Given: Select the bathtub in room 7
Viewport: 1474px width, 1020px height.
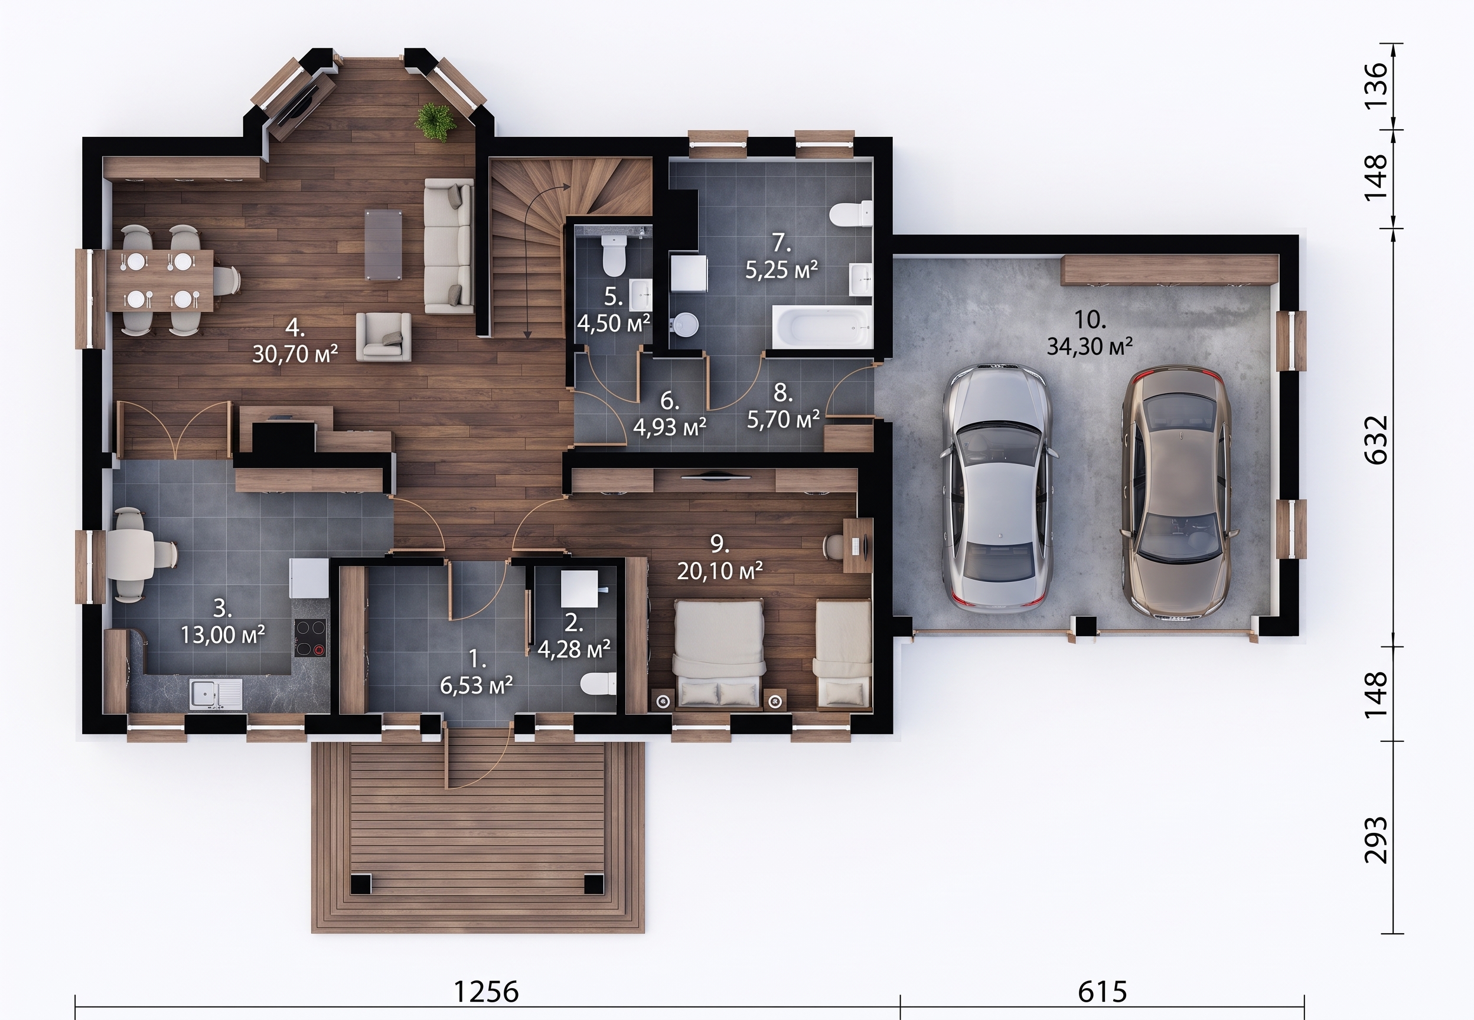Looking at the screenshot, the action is point(822,326).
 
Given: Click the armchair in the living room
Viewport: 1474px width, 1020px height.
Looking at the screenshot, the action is point(383,336).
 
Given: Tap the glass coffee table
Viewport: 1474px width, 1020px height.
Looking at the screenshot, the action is point(384,244).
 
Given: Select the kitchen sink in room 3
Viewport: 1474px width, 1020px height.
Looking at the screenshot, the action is point(217,694).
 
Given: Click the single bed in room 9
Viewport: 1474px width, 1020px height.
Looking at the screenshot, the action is point(843,654).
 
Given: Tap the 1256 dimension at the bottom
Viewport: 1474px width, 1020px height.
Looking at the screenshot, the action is point(486,992).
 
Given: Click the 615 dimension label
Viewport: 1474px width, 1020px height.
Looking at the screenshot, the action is point(1103,992).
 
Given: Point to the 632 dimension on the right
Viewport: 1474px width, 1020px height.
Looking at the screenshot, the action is point(1376,439).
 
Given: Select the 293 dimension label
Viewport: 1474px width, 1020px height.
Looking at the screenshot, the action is point(1376,839).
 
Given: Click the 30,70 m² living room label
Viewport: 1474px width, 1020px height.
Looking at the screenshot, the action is point(295,354).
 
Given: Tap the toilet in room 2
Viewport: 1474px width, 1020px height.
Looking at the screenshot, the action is point(598,685).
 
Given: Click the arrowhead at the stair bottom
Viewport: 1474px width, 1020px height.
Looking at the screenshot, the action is point(528,333).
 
